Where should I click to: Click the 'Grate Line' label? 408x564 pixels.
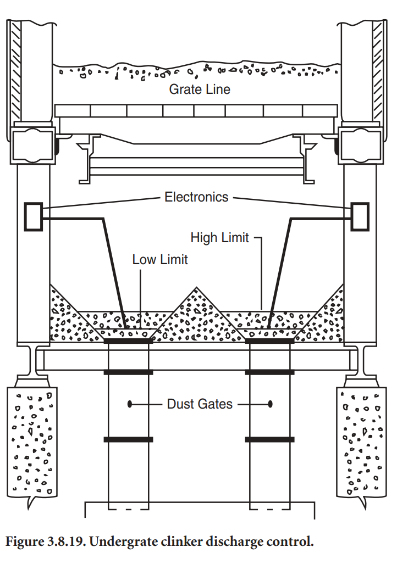pyautogui.click(x=200, y=88)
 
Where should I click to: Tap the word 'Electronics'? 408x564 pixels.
pyautogui.click(x=196, y=197)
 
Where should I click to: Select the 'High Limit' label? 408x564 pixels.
pyautogui.click(x=219, y=238)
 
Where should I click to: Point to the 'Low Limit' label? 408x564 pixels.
pyautogui.click(x=160, y=259)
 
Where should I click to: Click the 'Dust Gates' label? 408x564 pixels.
pyautogui.click(x=200, y=404)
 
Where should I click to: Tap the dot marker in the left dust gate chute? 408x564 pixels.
pyautogui.click(x=130, y=404)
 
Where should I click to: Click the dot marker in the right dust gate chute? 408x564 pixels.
pyautogui.click(x=271, y=404)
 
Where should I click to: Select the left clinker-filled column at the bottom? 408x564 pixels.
pyautogui.click(x=32, y=439)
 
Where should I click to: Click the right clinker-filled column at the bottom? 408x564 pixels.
pyautogui.click(x=361, y=439)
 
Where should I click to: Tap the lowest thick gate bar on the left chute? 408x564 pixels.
pyautogui.click(x=128, y=439)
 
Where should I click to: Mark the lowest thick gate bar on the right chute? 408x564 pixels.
pyautogui.click(x=270, y=439)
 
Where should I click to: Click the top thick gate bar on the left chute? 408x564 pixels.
pyautogui.click(x=128, y=341)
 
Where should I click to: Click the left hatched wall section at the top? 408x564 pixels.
pyautogui.click(x=15, y=71)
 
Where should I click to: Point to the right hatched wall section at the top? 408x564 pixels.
pyautogui.click(x=379, y=71)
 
